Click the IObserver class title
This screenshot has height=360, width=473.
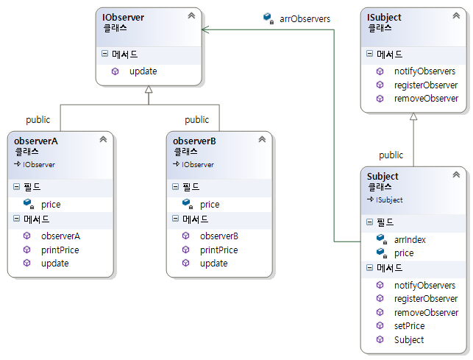coord(124,16)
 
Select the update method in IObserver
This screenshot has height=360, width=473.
coord(143,71)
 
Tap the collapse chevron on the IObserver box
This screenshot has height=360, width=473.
coord(191,15)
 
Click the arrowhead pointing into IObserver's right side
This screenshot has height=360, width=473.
coord(206,29)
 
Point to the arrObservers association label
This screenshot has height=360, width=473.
coord(305,18)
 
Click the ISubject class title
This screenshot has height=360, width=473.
coord(384,16)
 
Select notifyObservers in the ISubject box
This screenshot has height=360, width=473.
coord(424,71)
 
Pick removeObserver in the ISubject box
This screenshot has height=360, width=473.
coord(426,98)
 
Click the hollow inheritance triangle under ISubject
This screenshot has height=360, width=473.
coord(413,117)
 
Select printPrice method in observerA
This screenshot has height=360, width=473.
coord(60,250)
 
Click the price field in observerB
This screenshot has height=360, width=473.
coord(210,205)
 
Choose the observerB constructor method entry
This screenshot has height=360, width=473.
coord(219,236)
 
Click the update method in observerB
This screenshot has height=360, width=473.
coord(213,263)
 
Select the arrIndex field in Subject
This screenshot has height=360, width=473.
coord(410,239)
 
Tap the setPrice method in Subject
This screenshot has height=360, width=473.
coord(409,325)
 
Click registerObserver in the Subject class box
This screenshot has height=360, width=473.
coord(426,299)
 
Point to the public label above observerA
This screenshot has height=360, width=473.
coord(38,119)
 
